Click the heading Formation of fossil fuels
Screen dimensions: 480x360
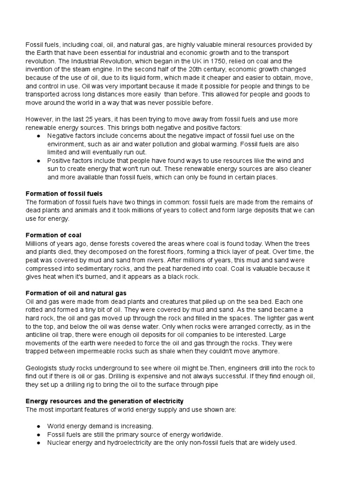[x=64, y=194]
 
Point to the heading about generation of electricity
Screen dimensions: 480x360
[x=105, y=401]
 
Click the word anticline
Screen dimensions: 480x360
[x=41, y=335]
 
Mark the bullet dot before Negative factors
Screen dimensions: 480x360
[x=38, y=136]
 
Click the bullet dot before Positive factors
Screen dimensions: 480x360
[x=38, y=161]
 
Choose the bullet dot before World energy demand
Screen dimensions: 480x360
[x=38, y=426]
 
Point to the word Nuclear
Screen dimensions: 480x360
[x=59, y=442]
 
